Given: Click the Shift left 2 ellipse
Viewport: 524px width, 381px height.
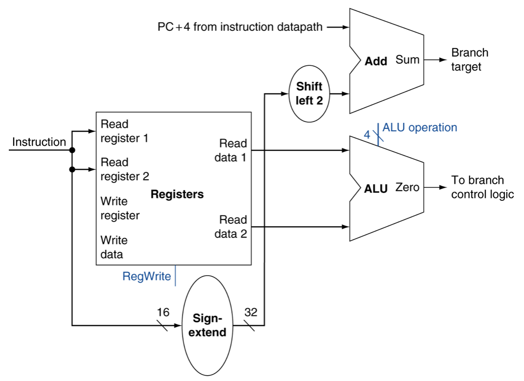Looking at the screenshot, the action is [x=309, y=94].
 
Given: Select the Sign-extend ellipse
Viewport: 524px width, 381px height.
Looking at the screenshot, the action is [x=207, y=326].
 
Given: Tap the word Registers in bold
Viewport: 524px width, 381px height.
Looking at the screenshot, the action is [x=177, y=194].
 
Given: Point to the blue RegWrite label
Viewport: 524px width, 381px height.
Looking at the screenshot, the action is [x=147, y=276].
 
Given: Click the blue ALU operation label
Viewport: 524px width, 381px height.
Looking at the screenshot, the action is [x=420, y=128].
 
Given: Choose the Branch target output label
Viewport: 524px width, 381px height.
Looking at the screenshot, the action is [x=470, y=59].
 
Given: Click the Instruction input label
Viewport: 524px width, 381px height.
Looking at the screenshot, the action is [x=39, y=142].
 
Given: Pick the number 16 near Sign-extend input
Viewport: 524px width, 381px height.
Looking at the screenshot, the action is [x=163, y=312].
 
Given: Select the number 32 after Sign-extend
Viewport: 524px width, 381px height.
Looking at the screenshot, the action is [x=251, y=312].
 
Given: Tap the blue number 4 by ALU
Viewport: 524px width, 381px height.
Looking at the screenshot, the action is [x=367, y=135].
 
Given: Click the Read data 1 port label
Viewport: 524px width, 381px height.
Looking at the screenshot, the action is [x=231, y=150].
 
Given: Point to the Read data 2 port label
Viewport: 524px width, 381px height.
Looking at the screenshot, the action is [x=231, y=227].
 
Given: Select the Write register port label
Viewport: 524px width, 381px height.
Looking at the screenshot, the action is [x=120, y=208].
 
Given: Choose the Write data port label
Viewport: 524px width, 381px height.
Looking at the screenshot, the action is [x=114, y=247].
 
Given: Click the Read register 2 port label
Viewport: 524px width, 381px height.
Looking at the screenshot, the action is [x=125, y=169].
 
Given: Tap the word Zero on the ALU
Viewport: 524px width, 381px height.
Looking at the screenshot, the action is [x=407, y=187].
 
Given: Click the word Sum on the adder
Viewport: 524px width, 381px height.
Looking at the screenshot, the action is [x=407, y=59].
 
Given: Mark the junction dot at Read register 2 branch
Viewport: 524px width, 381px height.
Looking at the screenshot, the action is [x=72, y=169].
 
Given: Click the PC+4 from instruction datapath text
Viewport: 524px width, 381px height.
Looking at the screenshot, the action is [x=240, y=27].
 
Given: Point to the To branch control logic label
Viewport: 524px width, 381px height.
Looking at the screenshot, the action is [x=482, y=187].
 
